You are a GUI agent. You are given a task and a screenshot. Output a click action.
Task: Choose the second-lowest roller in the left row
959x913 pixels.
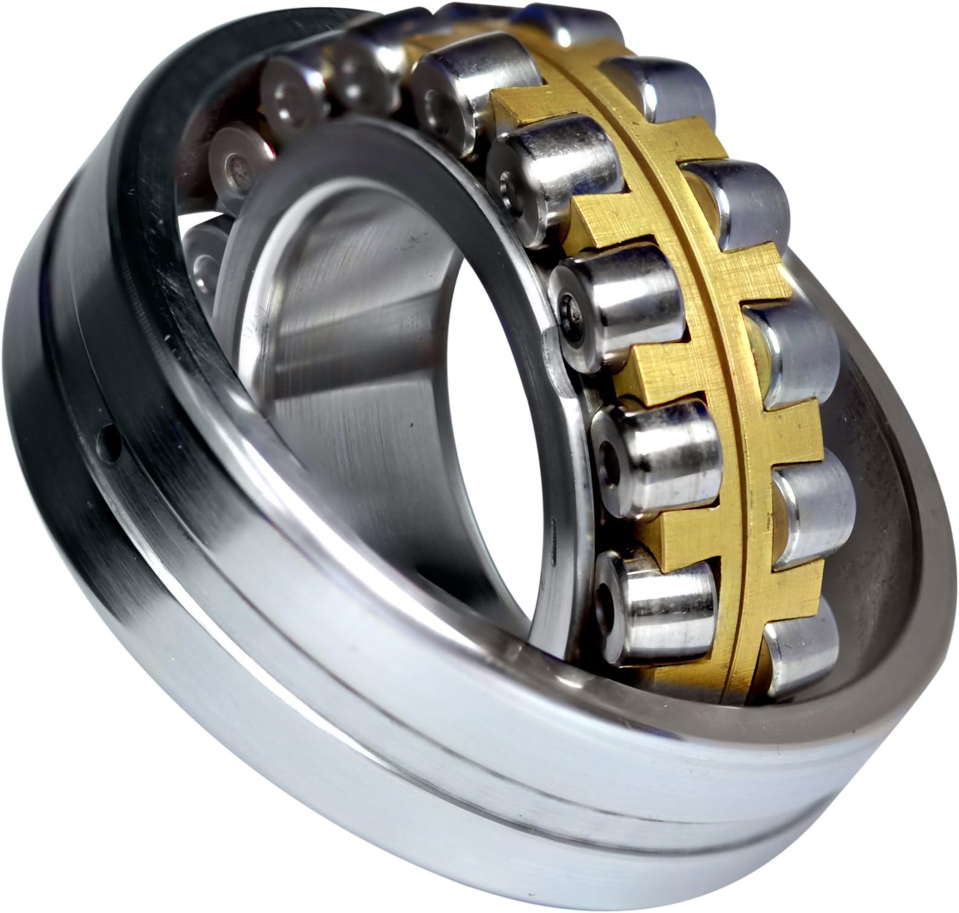point(653,450)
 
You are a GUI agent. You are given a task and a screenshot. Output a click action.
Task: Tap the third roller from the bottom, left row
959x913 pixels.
point(617,302)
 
